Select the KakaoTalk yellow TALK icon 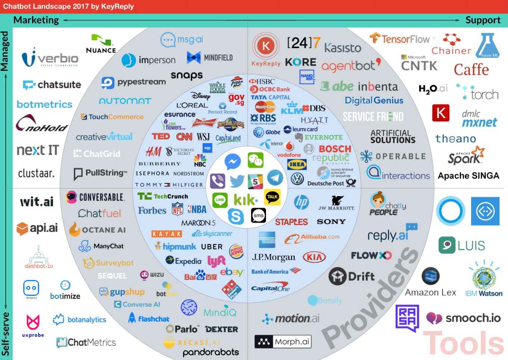[x=272, y=197]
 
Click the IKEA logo [x=297, y=164]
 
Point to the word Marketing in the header [x=36, y=20]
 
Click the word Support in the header [x=483, y=20]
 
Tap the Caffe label [x=471, y=69]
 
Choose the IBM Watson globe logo [x=484, y=278]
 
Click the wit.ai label [x=37, y=202]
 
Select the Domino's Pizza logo [x=232, y=289]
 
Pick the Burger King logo [x=236, y=251]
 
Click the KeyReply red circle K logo [x=266, y=46]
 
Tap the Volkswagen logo [x=297, y=179]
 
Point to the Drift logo [x=351, y=276]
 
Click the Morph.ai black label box [x=282, y=341]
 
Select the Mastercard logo [x=265, y=107]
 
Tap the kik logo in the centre [x=245, y=200]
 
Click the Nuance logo [x=101, y=44]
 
